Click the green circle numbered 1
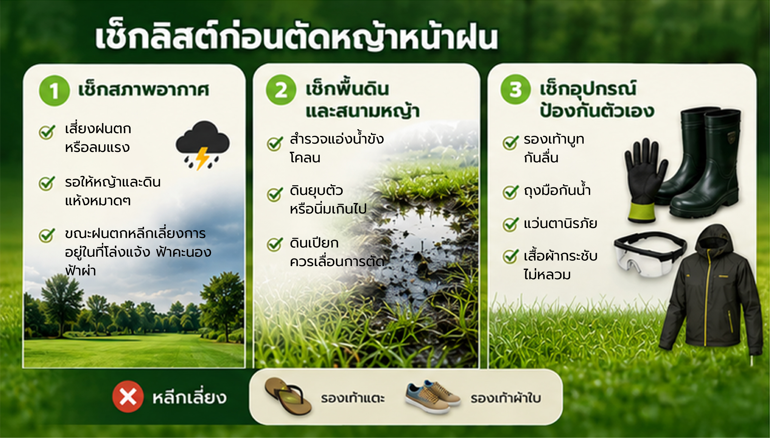pyautogui.click(x=54, y=91)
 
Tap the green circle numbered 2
pyautogui.click(x=281, y=90)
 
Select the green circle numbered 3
pyautogui.click(x=515, y=89)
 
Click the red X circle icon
pyautogui.click(x=128, y=397)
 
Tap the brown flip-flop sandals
pyautogui.click(x=288, y=396)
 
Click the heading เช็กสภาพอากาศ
pyautogui.click(x=144, y=90)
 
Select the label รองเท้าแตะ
pyautogui.click(x=353, y=398)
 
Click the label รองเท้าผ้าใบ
pyautogui.click(x=506, y=398)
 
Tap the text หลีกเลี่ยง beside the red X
pyautogui.click(x=189, y=397)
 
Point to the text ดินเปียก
pyautogui.click(x=314, y=243)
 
